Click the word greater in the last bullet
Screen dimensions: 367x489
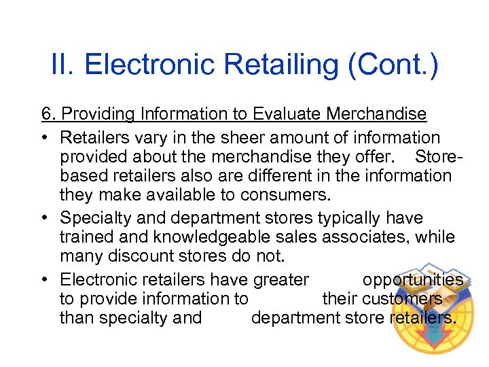pyautogui.click(x=280, y=280)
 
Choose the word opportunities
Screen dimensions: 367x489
pyautogui.click(x=413, y=280)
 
